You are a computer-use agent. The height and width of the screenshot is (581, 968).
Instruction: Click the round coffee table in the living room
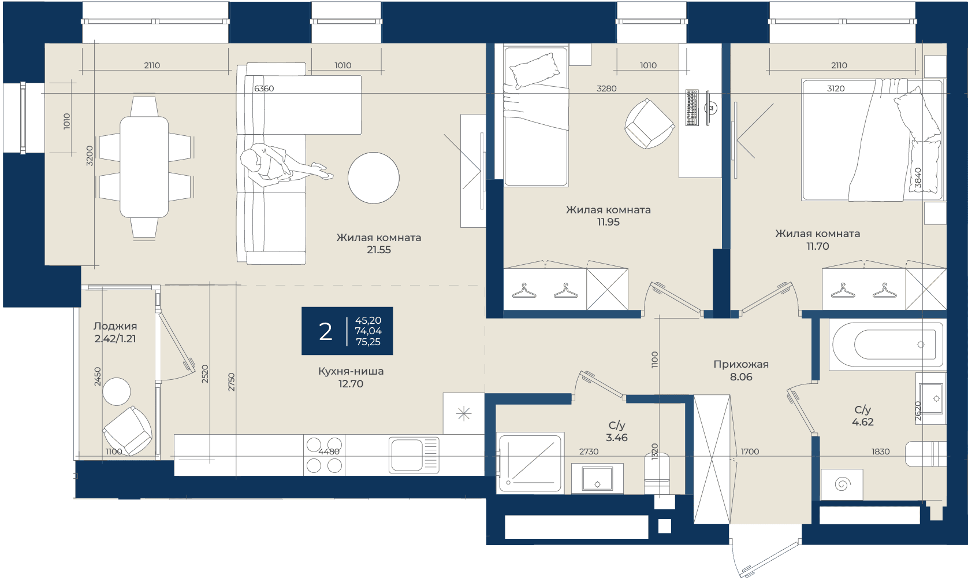click(373, 178)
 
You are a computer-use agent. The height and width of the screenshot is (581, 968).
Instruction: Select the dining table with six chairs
click(144, 167)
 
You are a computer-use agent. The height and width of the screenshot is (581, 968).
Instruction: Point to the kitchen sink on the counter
click(414, 454)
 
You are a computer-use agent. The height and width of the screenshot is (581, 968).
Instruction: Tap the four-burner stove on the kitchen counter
click(324, 455)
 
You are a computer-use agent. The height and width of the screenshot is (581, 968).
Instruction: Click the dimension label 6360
click(264, 88)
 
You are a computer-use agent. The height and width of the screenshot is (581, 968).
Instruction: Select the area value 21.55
click(379, 250)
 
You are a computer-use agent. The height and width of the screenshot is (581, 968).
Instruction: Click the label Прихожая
click(741, 364)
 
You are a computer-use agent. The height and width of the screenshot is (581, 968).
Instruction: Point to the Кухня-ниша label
click(351, 371)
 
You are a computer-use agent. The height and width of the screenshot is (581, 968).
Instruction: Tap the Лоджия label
click(115, 326)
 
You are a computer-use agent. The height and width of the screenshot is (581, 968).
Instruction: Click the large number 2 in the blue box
click(325, 331)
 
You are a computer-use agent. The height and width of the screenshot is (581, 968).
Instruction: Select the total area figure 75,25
click(368, 342)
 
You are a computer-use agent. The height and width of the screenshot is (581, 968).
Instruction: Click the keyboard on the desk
click(692, 108)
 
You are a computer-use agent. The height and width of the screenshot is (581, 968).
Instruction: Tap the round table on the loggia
click(116, 391)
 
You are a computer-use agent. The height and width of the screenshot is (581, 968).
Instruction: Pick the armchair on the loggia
click(128, 431)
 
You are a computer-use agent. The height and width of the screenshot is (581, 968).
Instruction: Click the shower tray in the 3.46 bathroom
click(530, 462)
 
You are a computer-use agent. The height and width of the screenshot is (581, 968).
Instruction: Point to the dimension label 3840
click(918, 178)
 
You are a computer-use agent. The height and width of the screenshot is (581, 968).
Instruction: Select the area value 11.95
click(608, 222)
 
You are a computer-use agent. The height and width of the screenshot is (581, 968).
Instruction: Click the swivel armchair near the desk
click(650, 123)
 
